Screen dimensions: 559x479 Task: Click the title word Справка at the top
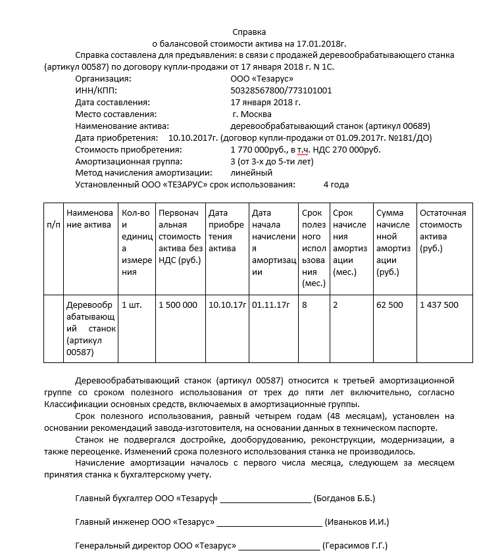tap(249, 32)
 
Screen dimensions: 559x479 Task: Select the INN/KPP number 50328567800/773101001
tap(281, 91)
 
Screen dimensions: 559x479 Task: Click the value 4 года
tap(336, 185)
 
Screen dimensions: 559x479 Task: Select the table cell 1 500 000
tap(178, 305)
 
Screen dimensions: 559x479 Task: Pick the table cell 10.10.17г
tap(226, 305)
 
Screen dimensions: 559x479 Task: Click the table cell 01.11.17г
tap(270, 305)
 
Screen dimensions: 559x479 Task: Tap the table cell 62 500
tap(390, 305)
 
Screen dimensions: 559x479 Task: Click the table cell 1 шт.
tap(132, 305)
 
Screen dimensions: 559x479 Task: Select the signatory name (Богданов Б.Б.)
tap(344, 498)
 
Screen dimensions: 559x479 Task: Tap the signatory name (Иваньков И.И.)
tap(357, 522)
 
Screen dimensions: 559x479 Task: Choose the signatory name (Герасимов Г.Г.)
tap(355, 546)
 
